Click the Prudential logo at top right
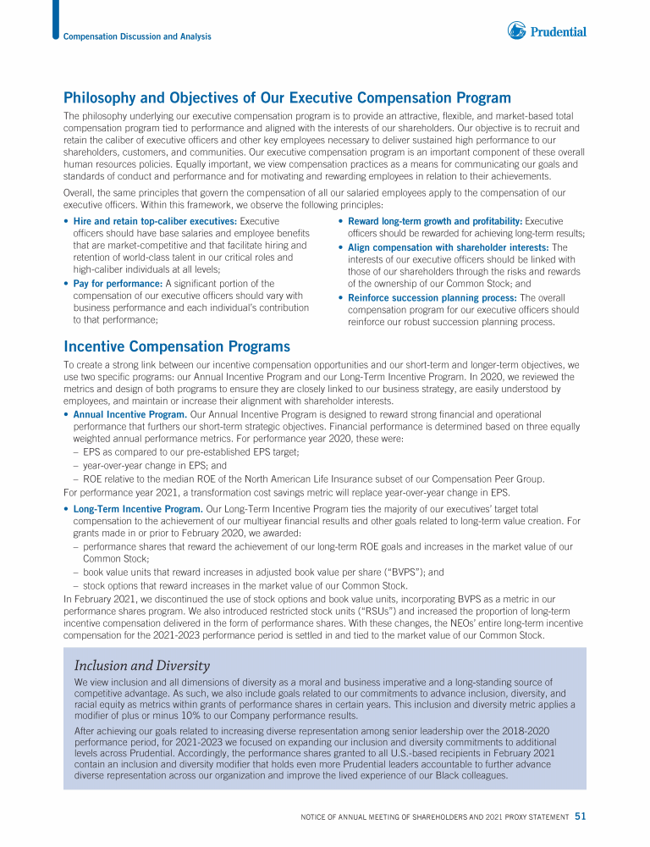click(547, 31)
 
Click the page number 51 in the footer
click(581, 817)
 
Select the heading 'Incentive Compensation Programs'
click(177, 346)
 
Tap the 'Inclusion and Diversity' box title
click(141, 665)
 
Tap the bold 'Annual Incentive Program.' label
click(129, 414)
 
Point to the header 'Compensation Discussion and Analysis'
click(137, 36)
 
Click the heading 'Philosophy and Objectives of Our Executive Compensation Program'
click(287, 98)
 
